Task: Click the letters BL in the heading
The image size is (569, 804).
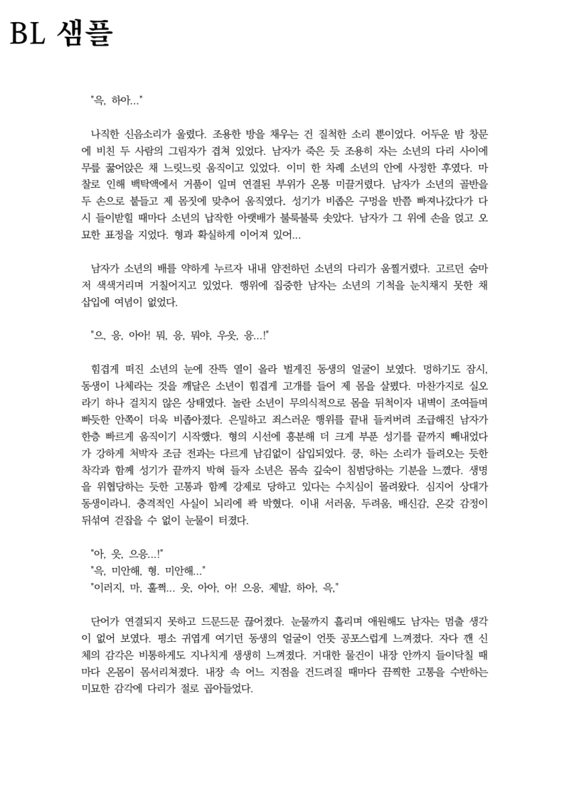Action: click(27, 33)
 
